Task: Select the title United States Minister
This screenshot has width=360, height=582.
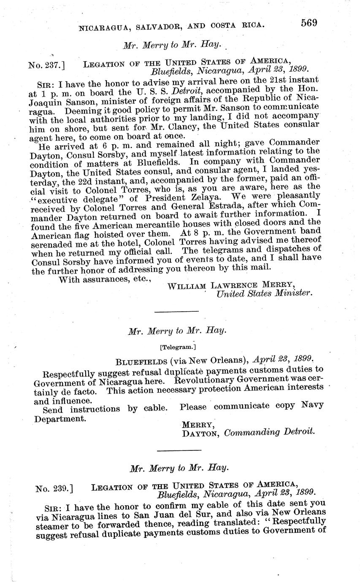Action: [265, 294]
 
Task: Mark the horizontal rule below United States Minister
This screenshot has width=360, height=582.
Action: [177, 311]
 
